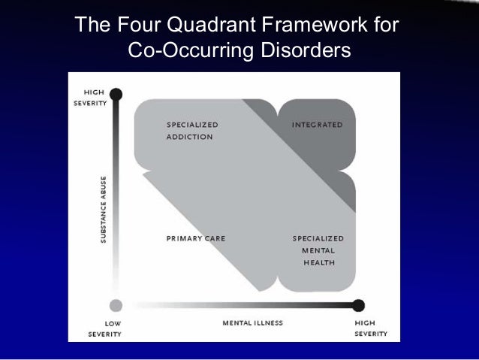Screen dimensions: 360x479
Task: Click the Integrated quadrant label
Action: (x=317, y=125)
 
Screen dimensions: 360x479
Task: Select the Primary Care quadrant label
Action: (x=196, y=238)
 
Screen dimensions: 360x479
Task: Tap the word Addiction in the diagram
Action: (x=189, y=137)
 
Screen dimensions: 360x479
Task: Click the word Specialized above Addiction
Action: (x=193, y=125)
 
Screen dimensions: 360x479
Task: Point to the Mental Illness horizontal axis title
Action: (x=252, y=323)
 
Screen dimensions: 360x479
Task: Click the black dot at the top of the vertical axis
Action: (x=116, y=94)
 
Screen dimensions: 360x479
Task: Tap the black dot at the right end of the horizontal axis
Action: (x=359, y=305)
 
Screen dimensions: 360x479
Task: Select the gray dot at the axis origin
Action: (x=115, y=305)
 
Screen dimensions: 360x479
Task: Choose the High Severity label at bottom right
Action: (x=370, y=328)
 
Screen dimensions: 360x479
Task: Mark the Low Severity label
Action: (x=104, y=328)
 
